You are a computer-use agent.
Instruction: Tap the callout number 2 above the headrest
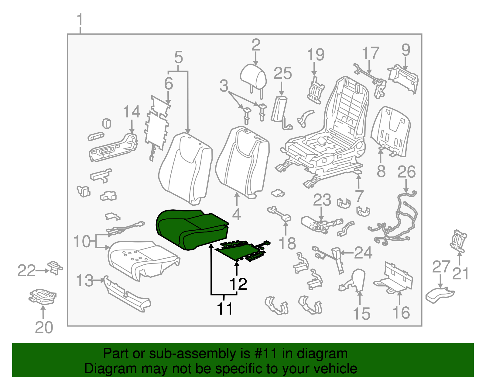[x=256, y=45]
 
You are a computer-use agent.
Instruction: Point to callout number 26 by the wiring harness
[x=406, y=172]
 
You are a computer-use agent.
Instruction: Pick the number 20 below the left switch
[x=44, y=328]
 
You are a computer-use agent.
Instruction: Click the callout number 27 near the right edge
[x=441, y=267]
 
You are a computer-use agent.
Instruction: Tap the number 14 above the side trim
[x=132, y=112]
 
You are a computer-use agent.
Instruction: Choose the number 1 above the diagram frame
[x=80, y=20]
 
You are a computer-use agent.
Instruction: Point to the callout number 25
[x=282, y=74]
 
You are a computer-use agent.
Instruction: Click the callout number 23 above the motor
[x=322, y=200]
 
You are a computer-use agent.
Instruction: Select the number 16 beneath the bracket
[x=401, y=313]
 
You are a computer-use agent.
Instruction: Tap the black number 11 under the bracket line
[x=224, y=309]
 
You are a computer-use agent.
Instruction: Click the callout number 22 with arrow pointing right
[x=27, y=270]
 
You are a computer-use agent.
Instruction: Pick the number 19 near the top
[x=316, y=55]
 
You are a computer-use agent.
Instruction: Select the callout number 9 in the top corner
[x=406, y=50]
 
